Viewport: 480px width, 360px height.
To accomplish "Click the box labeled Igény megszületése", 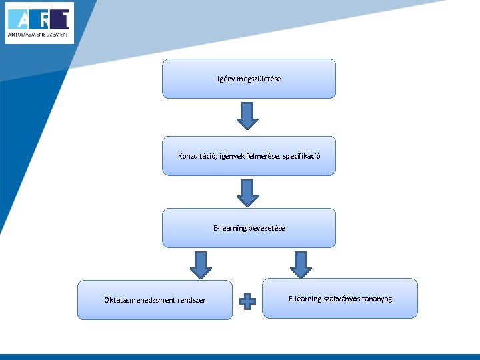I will [x=249, y=79].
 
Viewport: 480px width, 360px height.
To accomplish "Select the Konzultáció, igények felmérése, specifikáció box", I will [x=249, y=156].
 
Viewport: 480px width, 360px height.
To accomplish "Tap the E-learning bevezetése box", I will [x=249, y=228].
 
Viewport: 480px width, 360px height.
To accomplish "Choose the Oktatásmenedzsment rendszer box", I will [x=155, y=300].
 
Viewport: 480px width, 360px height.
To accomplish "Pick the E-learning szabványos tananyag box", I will [x=340, y=299].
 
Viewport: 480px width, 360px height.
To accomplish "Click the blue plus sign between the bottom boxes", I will [x=247, y=301].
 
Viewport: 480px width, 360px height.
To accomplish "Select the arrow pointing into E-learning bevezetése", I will [x=248, y=192].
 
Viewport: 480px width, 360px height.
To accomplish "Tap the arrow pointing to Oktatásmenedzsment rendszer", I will [x=201, y=264].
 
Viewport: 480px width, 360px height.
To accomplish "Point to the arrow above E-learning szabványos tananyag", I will [x=301, y=264].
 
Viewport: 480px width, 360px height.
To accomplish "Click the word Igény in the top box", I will [x=225, y=79].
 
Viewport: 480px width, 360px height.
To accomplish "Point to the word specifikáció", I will [x=301, y=156].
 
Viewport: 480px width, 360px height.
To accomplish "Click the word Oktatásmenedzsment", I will [x=139, y=300].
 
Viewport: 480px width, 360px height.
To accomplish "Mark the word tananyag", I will [x=377, y=299].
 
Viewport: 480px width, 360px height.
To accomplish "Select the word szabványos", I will [x=341, y=299].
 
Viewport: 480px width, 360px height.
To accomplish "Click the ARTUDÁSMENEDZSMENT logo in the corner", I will [x=39, y=23].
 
